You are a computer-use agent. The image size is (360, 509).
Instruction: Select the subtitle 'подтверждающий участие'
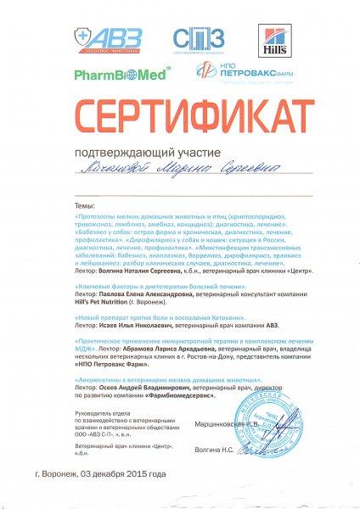click(x=180, y=152)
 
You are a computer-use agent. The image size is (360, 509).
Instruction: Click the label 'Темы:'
click(x=85, y=205)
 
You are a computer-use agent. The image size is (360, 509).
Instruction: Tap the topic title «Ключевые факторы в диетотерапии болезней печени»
click(x=149, y=288)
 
